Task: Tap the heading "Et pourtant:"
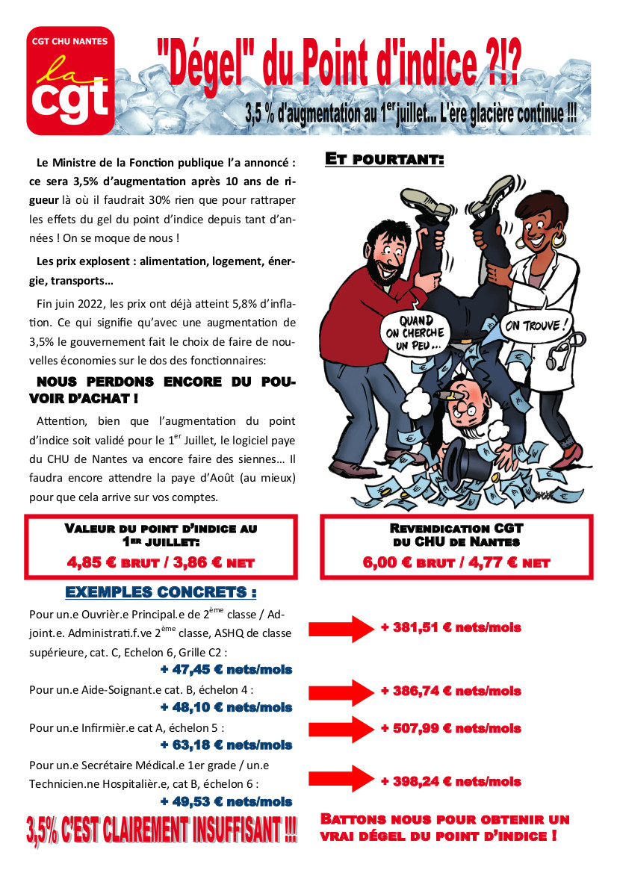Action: (x=385, y=160)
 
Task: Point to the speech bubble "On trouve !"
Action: (x=535, y=326)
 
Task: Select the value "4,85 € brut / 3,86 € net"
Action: (x=161, y=562)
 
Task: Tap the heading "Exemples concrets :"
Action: (x=161, y=592)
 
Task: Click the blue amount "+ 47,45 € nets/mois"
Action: (x=226, y=669)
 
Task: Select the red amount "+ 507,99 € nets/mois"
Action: (x=450, y=728)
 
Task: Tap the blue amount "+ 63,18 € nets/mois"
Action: (x=226, y=745)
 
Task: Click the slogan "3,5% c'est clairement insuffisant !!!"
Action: (x=161, y=830)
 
